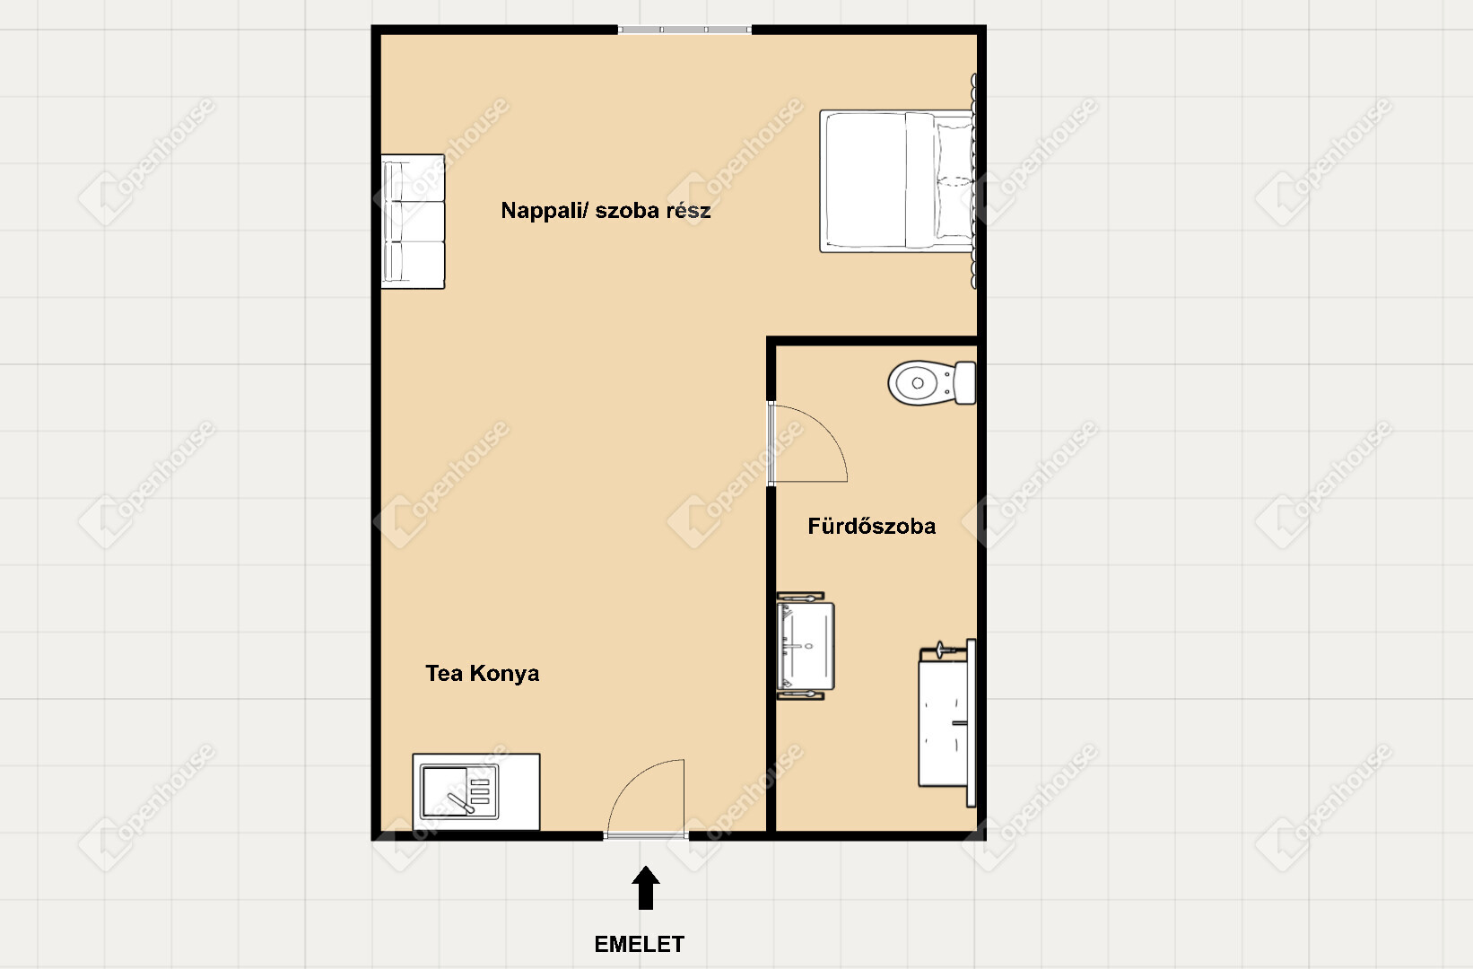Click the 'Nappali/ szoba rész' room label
(606, 211)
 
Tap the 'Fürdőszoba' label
(871, 527)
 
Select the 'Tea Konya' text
(482, 674)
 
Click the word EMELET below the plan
(640, 945)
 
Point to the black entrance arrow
(646, 888)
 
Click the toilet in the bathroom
(932, 383)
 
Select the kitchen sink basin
(444, 791)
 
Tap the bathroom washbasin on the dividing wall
(805, 645)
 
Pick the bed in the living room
(897, 181)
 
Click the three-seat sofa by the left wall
(413, 222)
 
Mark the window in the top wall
(684, 30)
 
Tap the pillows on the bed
(954, 181)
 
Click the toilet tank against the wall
(965, 383)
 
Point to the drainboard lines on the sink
(481, 791)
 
